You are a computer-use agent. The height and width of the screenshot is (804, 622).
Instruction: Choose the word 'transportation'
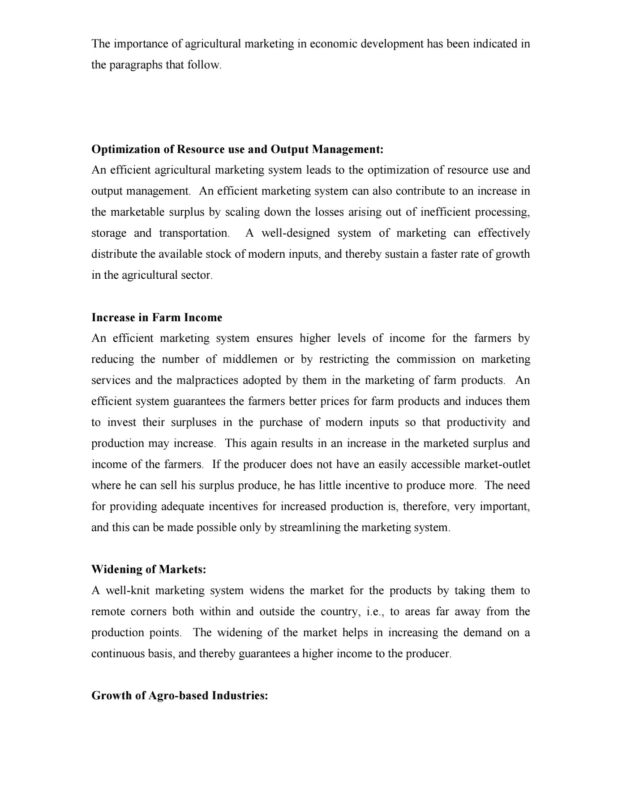(x=193, y=233)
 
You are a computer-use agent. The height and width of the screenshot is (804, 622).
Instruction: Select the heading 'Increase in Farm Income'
(x=157, y=318)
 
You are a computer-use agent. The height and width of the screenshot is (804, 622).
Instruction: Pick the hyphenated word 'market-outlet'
(x=497, y=464)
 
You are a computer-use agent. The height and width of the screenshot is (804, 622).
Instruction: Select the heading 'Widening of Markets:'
(x=149, y=570)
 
